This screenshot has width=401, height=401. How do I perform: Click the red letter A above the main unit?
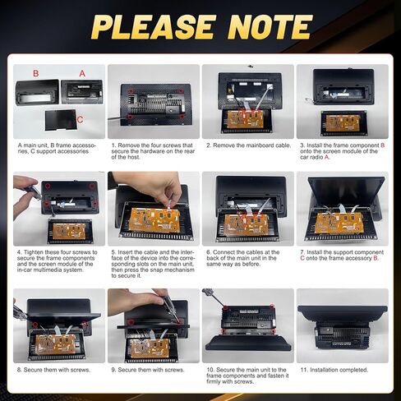pyautogui.click(x=82, y=73)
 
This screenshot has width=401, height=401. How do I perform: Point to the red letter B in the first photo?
pyautogui.click(x=35, y=73)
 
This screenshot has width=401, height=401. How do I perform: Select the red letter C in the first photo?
pyautogui.click(x=79, y=120)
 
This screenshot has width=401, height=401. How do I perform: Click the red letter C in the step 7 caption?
pyautogui.click(x=303, y=258)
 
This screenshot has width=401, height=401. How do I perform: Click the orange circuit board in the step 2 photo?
pyautogui.click(x=245, y=119)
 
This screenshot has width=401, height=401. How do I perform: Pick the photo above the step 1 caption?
pyautogui.click(x=153, y=102)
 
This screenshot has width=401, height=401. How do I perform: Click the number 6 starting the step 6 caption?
pyautogui.click(x=207, y=251)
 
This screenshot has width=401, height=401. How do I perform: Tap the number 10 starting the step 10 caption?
pyautogui.click(x=209, y=369)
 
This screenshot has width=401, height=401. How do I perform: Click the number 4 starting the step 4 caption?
pyautogui.click(x=19, y=251)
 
